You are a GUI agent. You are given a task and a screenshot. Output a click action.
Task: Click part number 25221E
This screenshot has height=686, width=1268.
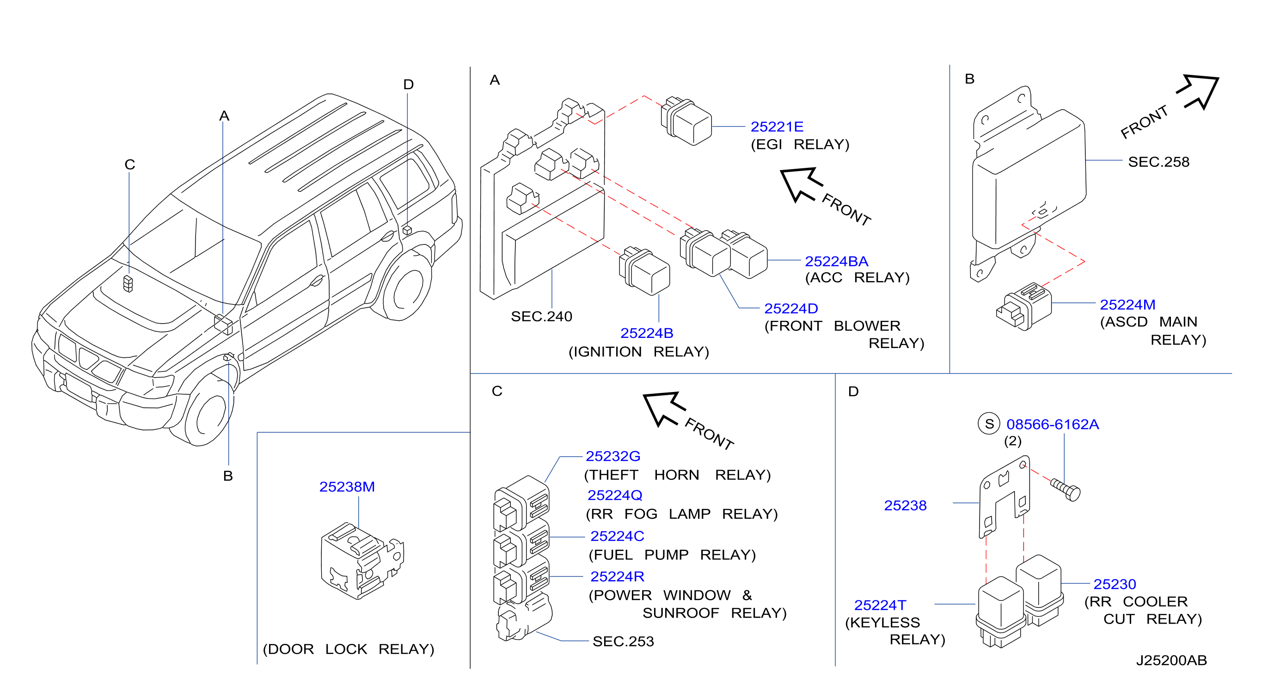click(777, 127)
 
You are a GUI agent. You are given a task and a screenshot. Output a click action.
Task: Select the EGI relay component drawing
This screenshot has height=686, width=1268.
click(686, 121)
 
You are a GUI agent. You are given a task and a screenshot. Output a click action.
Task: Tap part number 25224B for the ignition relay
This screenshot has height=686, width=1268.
click(646, 333)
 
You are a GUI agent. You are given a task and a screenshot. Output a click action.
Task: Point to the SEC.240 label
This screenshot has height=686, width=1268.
click(541, 317)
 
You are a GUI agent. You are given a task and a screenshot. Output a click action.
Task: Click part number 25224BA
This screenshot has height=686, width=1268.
click(836, 261)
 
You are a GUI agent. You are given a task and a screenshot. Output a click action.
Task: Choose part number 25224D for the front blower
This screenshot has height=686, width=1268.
click(791, 308)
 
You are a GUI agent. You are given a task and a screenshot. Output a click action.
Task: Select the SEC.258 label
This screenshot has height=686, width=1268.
click(1159, 162)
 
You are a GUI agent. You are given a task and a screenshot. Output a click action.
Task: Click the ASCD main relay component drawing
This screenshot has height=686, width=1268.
click(1024, 306)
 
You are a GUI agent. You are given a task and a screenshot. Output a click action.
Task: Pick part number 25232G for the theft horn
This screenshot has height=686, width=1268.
click(613, 456)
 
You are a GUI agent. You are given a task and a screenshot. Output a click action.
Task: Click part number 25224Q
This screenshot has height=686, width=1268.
click(615, 495)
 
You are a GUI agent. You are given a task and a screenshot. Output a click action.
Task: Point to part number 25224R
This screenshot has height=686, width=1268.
click(617, 576)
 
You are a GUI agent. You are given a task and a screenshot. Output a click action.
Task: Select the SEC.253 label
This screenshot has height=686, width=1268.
click(623, 641)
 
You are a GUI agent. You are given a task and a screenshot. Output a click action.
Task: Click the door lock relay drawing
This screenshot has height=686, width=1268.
click(362, 561)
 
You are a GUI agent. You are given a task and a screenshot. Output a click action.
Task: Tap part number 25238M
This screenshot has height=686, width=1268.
click(347, 487)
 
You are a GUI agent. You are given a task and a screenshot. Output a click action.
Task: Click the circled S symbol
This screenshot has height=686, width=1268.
click(989, 424)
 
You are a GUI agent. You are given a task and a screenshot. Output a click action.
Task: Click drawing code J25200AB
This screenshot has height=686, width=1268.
click(1171, 661)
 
